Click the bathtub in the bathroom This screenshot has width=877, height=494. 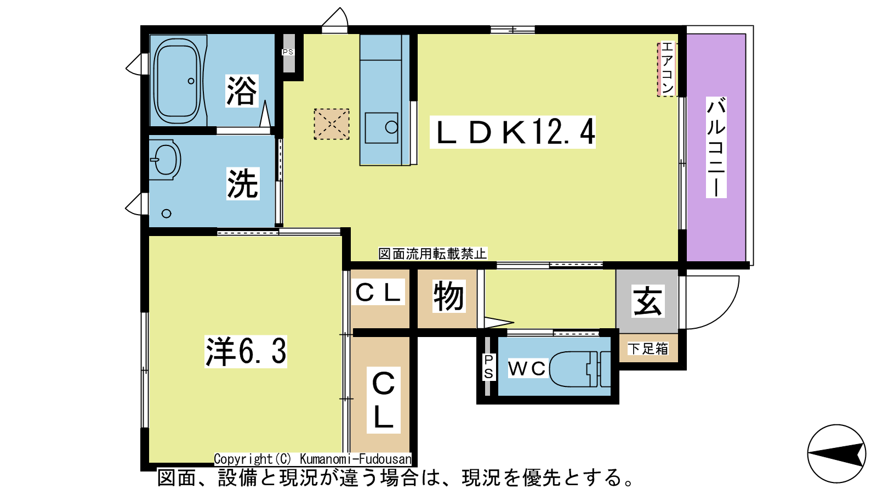pyautogui.click(x=178, y=80)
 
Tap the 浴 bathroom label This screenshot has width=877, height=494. pyautogui.click(x=242, y=91)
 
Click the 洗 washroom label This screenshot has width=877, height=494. pyautogui.click(x=243, y=183)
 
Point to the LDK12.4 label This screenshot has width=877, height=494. pyautogui.click(x=512, y=132)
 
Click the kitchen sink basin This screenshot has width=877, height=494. pyautogui.click(x=381, y=128)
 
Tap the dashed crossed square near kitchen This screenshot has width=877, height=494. pyautogui.click(x=332, y=124)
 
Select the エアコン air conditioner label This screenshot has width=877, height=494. pyautogui.click(x=667, y=69)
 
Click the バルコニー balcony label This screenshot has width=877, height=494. pyautogui.click(x=716, y=147)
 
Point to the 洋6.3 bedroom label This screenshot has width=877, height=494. pyautogui.click(x=246, y=351)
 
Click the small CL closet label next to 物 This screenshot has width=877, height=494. pyautogui.click(x=378, y=291)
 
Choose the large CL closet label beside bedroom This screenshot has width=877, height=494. pyautogui.click(x=383, y=400)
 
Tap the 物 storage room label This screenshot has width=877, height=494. pyautogui.click(x=449, y=296)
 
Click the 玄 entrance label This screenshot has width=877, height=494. pyautogui.click(x=648, y=301)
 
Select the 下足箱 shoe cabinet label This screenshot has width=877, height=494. pyautogui.click(x=648, y=349)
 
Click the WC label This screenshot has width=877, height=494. pyautogui.click(x=527, y=368)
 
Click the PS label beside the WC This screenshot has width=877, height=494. pyautogui.click(x=488, y=367)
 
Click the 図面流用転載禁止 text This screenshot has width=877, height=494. pyautogui.click(x=432, y=254)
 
